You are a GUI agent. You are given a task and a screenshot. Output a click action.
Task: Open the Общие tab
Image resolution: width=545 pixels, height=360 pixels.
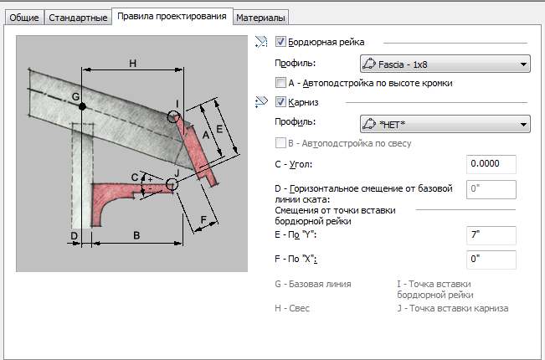[23, 17]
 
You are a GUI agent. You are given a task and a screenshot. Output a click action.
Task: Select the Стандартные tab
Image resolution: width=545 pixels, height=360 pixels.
[76, 17]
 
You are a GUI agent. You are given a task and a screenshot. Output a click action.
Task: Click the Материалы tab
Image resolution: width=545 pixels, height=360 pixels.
[261, 17]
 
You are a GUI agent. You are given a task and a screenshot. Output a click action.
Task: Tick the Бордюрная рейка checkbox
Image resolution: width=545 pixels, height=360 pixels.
[280, 41]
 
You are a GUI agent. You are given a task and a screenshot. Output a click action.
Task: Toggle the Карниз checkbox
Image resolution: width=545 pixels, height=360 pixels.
[280, 102]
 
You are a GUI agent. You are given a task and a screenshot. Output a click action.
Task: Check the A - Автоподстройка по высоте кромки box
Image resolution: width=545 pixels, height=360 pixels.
[280, 83]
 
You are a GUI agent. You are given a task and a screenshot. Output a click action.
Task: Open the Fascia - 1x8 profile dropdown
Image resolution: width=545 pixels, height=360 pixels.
[444, 63]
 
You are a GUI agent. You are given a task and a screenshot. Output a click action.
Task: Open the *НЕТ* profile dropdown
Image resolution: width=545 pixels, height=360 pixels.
[444, 124]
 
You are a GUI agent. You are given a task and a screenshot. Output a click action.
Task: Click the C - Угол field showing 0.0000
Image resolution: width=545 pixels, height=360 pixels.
[491, 163]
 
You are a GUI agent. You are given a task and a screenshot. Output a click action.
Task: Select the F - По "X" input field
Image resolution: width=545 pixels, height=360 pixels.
[491, 259]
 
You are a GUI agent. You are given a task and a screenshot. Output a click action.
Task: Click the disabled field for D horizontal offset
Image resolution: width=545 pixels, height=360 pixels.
[491, 190]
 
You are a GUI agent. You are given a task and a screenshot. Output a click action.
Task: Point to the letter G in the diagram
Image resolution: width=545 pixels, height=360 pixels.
[75, 98]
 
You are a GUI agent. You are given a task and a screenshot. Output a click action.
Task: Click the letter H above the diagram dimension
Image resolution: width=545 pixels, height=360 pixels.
[132, 63]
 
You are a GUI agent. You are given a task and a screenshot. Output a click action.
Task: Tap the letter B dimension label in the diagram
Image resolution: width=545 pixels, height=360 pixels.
[136, 236]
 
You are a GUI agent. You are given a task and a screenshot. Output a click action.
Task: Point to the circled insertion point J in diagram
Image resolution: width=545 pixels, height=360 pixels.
[173, 183]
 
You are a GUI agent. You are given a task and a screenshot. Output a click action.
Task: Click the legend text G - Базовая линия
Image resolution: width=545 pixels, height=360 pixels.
[313, 285]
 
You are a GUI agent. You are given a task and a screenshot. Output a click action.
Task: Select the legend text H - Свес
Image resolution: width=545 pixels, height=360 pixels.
[292, 309]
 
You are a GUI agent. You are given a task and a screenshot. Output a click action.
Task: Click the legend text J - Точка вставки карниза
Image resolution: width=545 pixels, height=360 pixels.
[452, 309]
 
